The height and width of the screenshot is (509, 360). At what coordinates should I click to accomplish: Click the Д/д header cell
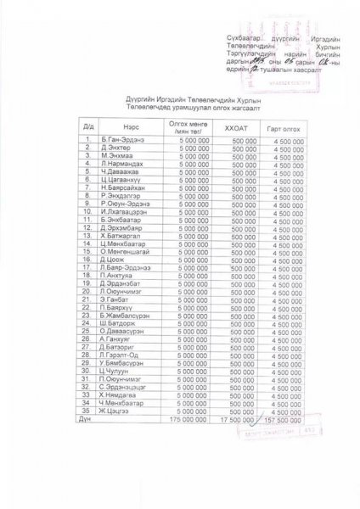[x=87, y=126]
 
